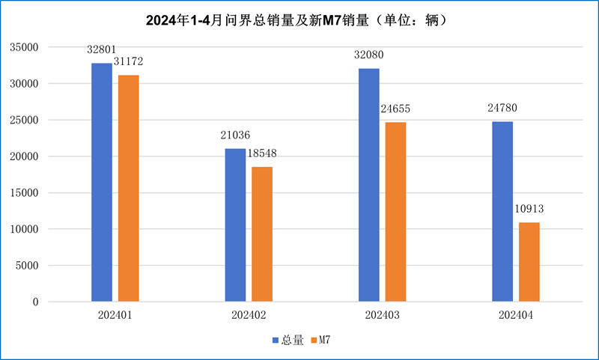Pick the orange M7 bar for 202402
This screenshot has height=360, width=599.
click(x=262, y=234)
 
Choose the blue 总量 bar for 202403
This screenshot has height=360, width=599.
click(x=368, y=185)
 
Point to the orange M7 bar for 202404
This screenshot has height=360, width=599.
click(x=529, y=262)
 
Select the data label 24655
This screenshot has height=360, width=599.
click(x=395, y=109)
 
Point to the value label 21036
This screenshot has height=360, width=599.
click(x=235, y=135)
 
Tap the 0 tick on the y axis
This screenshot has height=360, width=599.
click(x=34, y=302)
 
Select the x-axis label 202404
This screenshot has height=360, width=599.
click(x=516, y=316)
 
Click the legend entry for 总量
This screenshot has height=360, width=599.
click(x=288, y=341)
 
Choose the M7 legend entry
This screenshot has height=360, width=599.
click(x=320, y=341)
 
